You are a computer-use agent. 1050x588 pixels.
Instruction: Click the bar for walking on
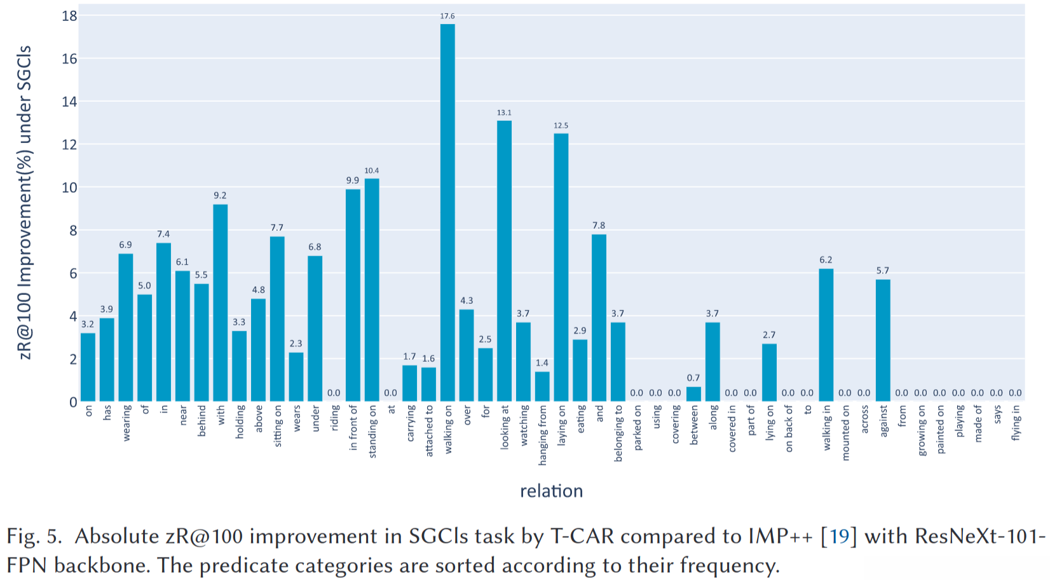pyautogui.click(x=447, y=213)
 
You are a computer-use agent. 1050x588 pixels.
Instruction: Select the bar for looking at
pyautogui.click(x=504, y=261)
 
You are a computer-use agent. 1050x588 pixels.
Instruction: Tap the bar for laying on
pyautogui.click(x=561, y=267)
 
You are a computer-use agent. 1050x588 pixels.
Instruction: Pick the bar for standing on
pyautogui.click(x=372, y=290)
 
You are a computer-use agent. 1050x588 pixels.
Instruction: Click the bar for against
pyautogui.click(x=883, y=340)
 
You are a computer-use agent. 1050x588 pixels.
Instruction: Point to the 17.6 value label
pyautogui.click(x=447, y=16)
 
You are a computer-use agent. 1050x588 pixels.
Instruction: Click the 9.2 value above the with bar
pyautogui.click(x=220, y=195)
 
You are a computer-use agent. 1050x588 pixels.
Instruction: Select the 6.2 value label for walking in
pyautogui.click(x=826, y=259)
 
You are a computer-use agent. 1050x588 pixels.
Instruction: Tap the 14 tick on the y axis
pyautogui.click(x=69, y=102)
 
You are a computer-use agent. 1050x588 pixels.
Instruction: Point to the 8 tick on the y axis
pyautogui.click(x=72, y=231)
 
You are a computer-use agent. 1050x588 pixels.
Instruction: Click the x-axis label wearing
pyautogui.click(x=126, y=423)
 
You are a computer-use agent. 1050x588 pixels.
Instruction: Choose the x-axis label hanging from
pyautogui.click(x=542, y=435)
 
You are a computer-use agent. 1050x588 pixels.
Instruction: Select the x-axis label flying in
pyautogui.click(x=1016, y=422)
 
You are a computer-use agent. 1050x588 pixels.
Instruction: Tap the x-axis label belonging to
pyautogui.click(x=618, y=433)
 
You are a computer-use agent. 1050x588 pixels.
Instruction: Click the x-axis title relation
pyautogui.click(x=551, y=491)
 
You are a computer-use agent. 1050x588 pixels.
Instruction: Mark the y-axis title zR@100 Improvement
pyautogui.click(x=25, y=202)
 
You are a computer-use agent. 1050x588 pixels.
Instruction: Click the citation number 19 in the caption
pyautogui.click(x=839, y=537)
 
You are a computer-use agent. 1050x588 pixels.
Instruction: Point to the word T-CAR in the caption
pyautogui.click(x=582, y=537)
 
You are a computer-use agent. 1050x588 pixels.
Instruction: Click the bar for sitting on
pyautogui.click(x=277, y=318)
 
